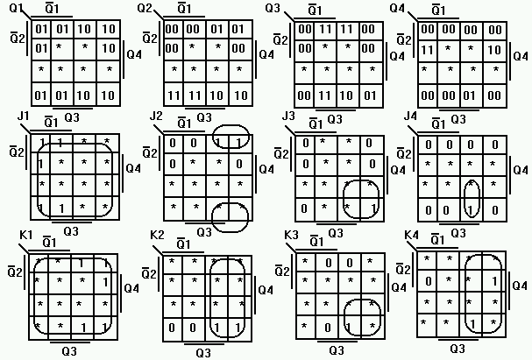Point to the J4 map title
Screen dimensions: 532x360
point(410,116)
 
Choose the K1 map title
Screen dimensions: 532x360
point(25,236)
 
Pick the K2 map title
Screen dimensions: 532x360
point(158,236)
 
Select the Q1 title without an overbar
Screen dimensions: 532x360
point(14,8)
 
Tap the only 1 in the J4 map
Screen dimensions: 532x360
point(471,210)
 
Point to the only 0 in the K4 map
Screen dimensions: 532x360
point(426,281)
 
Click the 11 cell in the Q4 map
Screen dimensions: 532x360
point(428,50)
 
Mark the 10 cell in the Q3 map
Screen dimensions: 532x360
point(350,93)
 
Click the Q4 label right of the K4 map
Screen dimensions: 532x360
point(521,286)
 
